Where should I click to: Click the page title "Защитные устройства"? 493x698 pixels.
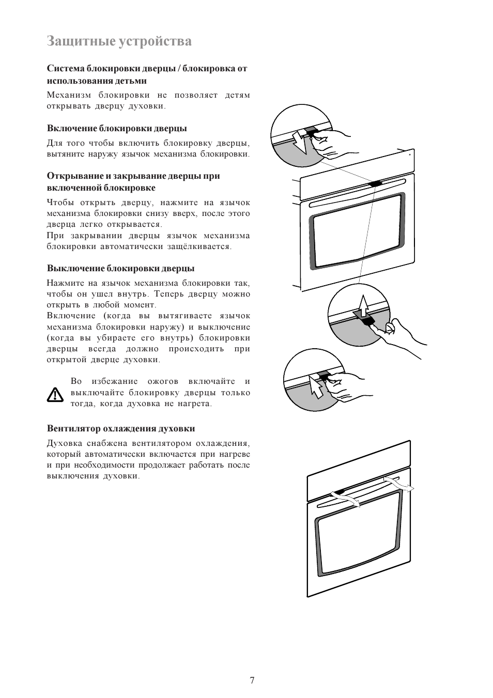119,41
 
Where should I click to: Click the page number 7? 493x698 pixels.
252,680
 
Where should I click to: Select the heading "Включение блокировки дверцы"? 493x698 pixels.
117,128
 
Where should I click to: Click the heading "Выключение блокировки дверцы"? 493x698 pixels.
120,268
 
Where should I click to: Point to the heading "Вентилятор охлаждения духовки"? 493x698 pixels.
121,428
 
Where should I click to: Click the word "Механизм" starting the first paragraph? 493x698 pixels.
69,95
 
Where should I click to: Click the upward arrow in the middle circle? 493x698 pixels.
364,306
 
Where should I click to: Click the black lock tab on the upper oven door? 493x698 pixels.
375,183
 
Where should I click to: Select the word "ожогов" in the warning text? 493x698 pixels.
163,381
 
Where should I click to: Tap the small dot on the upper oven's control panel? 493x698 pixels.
410,153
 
